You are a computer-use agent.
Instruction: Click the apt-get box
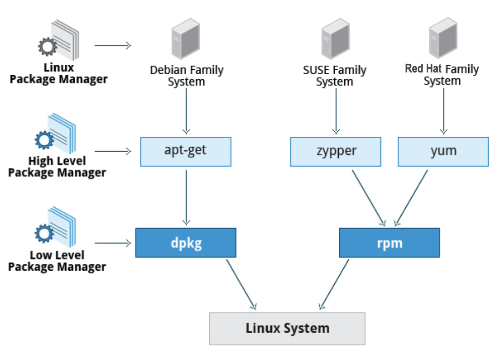pyautogui.click(x=186, y=151)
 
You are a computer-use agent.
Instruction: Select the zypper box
pyautogui.click(x=336, y=151)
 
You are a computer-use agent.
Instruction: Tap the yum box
pyautogui.click(x=443, y=151)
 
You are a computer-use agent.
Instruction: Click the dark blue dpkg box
pyautogui.click(x=186, y=243)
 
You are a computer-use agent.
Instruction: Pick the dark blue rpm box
pyautogui.click(x=389, y=243)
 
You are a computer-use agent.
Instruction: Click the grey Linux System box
pyautogui.click(x=287, y=328)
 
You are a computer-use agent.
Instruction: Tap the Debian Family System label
pyautogui.click(x=186, y=76)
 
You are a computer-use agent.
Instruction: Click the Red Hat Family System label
pyautogui.click(x=442, y=75)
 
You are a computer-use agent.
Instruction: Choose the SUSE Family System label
pyautogui.click(x=335, y=76)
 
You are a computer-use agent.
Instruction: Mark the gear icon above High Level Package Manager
pyautogui.click(x=44, y=140)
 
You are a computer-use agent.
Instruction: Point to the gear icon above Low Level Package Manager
pyautogui.click(x=44, y=233)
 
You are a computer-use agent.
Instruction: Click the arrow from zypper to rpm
pyautogui.click(x=368, y=197)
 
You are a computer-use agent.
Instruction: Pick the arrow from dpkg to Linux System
pyautogui.click(x=241, y=284)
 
